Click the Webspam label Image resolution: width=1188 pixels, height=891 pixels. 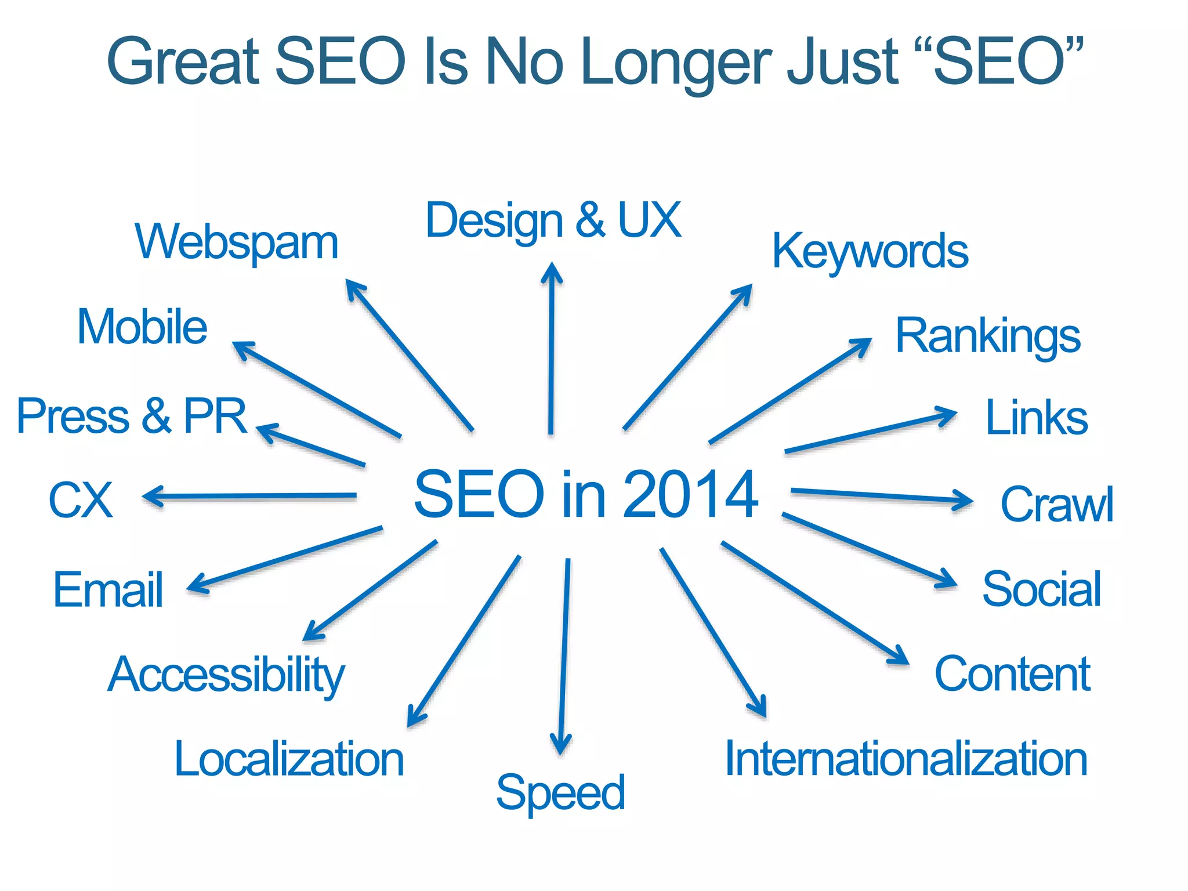pyautogui.click(x=237, y=242)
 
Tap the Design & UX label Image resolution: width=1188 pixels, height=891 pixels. pyautogui.click(x=553, y=220)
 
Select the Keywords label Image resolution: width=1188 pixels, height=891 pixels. pyautogui.click(x=870, y=251)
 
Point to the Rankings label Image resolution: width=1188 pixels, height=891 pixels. pyautogui.click(x=988, y=336)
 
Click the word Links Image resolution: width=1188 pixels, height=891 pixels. pyautogui.click(x=1037, y=418)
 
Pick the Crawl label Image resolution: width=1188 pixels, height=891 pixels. pyautogui.click(x=1056, y=504)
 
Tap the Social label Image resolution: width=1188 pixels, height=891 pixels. pyautogui.click(x=1042, y=589)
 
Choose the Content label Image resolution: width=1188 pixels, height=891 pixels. pyautogui.click(x=1013, y=674)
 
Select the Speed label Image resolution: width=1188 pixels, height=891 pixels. pyautogui.click(x=560, y=793)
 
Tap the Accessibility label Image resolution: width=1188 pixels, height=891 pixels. pyautogui.click(x=226, y=675)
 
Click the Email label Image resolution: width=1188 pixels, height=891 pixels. pyautogui.click(x=108, y=589)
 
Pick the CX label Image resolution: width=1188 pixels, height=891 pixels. pyautogui.click(x=81, y=500)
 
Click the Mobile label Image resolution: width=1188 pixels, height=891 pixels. pyautogui.click(x=142, y=327)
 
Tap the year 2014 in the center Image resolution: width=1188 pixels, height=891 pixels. pyautogui.click(x=690, y=494)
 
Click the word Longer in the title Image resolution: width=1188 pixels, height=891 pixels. pyautogui.click(x=675, y=61)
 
